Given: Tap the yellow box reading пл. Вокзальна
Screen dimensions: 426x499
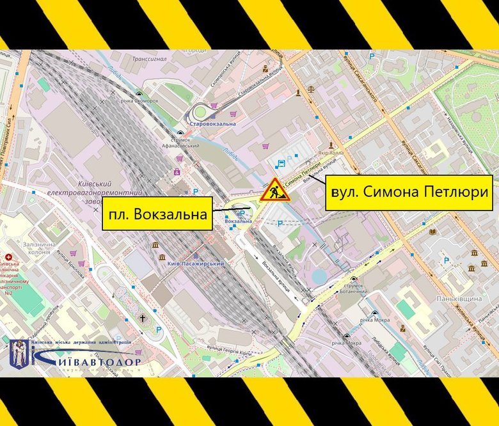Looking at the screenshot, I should pyautogui.click(x=158, y=213).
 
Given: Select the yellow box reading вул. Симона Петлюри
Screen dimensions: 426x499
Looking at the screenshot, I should pyautogui.click(x=409, y=192).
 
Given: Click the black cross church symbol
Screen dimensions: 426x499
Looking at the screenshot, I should pyautogui.click(x=143, y=317).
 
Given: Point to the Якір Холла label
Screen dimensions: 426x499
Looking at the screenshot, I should pyautogui.click(x=332, y=154).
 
